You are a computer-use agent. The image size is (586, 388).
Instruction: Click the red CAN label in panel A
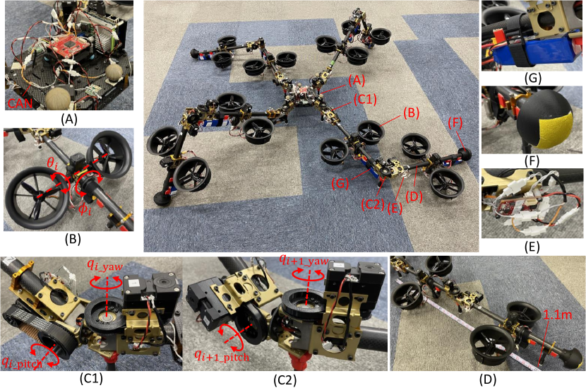coord(20,103)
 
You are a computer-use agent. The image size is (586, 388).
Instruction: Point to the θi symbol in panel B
coord(52,164)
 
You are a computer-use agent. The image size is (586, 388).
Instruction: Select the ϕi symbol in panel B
coord(85,208)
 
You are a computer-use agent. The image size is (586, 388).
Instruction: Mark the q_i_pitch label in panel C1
coord(21,362)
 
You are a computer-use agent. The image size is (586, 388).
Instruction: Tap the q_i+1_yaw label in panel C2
coord(304,260)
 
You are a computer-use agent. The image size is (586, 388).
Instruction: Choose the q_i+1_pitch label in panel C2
coord(221,355)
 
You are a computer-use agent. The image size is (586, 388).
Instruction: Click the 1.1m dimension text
coord(557,314)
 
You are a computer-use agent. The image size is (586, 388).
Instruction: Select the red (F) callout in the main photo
coord(455,123)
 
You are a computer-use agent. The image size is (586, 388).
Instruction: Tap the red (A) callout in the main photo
coord(356,80)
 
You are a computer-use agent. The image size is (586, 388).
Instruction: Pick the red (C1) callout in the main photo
coord(364,99)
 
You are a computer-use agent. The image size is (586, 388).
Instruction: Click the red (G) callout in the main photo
coord(340,183)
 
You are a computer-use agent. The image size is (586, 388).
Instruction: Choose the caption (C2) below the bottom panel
coord(285,380)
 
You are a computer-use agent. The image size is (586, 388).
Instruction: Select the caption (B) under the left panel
coord(73,240)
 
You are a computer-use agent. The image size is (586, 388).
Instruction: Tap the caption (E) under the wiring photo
coord(532,247)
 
